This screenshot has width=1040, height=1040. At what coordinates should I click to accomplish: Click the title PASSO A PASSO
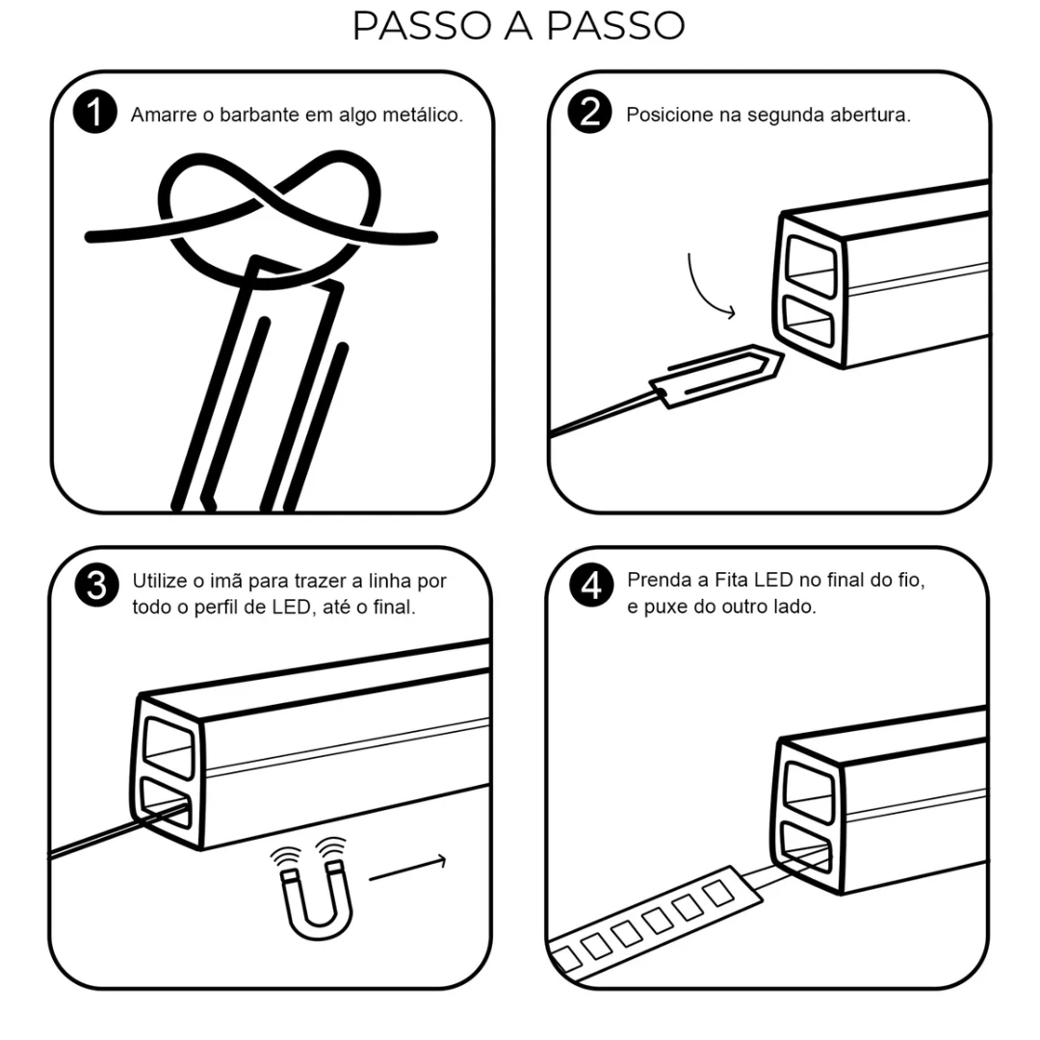(519, 26)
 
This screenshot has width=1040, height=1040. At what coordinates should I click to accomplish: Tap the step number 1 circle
(95, 112)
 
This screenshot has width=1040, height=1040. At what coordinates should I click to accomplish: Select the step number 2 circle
(589, 112)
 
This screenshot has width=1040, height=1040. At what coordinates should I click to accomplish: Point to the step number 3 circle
(97, 585)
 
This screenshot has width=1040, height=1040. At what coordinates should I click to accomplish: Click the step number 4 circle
(591, 585)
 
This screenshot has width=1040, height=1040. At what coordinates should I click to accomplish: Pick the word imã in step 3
(225, 581)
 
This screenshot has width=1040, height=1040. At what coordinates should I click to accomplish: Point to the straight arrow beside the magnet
(408, 869)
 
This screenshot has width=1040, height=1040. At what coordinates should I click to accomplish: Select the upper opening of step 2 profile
(811, 263)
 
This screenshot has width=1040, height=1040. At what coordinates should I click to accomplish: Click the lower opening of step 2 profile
(808, 321)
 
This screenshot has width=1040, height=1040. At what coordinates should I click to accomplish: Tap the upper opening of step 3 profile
(169, 747)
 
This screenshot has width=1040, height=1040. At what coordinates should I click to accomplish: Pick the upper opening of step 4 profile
(809, 792)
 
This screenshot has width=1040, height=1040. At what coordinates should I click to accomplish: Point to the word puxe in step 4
(663, 608)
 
